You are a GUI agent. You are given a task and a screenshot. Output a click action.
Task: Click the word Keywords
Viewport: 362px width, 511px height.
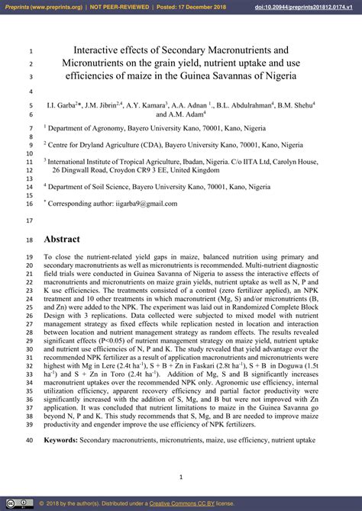[x=64, y=440]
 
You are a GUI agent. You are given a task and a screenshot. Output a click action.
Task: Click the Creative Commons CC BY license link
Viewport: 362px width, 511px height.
[x=182, y=504]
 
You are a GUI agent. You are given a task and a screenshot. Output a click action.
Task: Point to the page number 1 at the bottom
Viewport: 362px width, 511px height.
[x=180, y=477]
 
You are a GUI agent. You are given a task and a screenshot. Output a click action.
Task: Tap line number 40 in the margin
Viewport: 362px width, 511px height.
[x=29, y=440]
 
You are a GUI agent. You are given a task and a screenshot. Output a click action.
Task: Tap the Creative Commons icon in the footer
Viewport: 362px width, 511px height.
[x=10, y=504]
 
